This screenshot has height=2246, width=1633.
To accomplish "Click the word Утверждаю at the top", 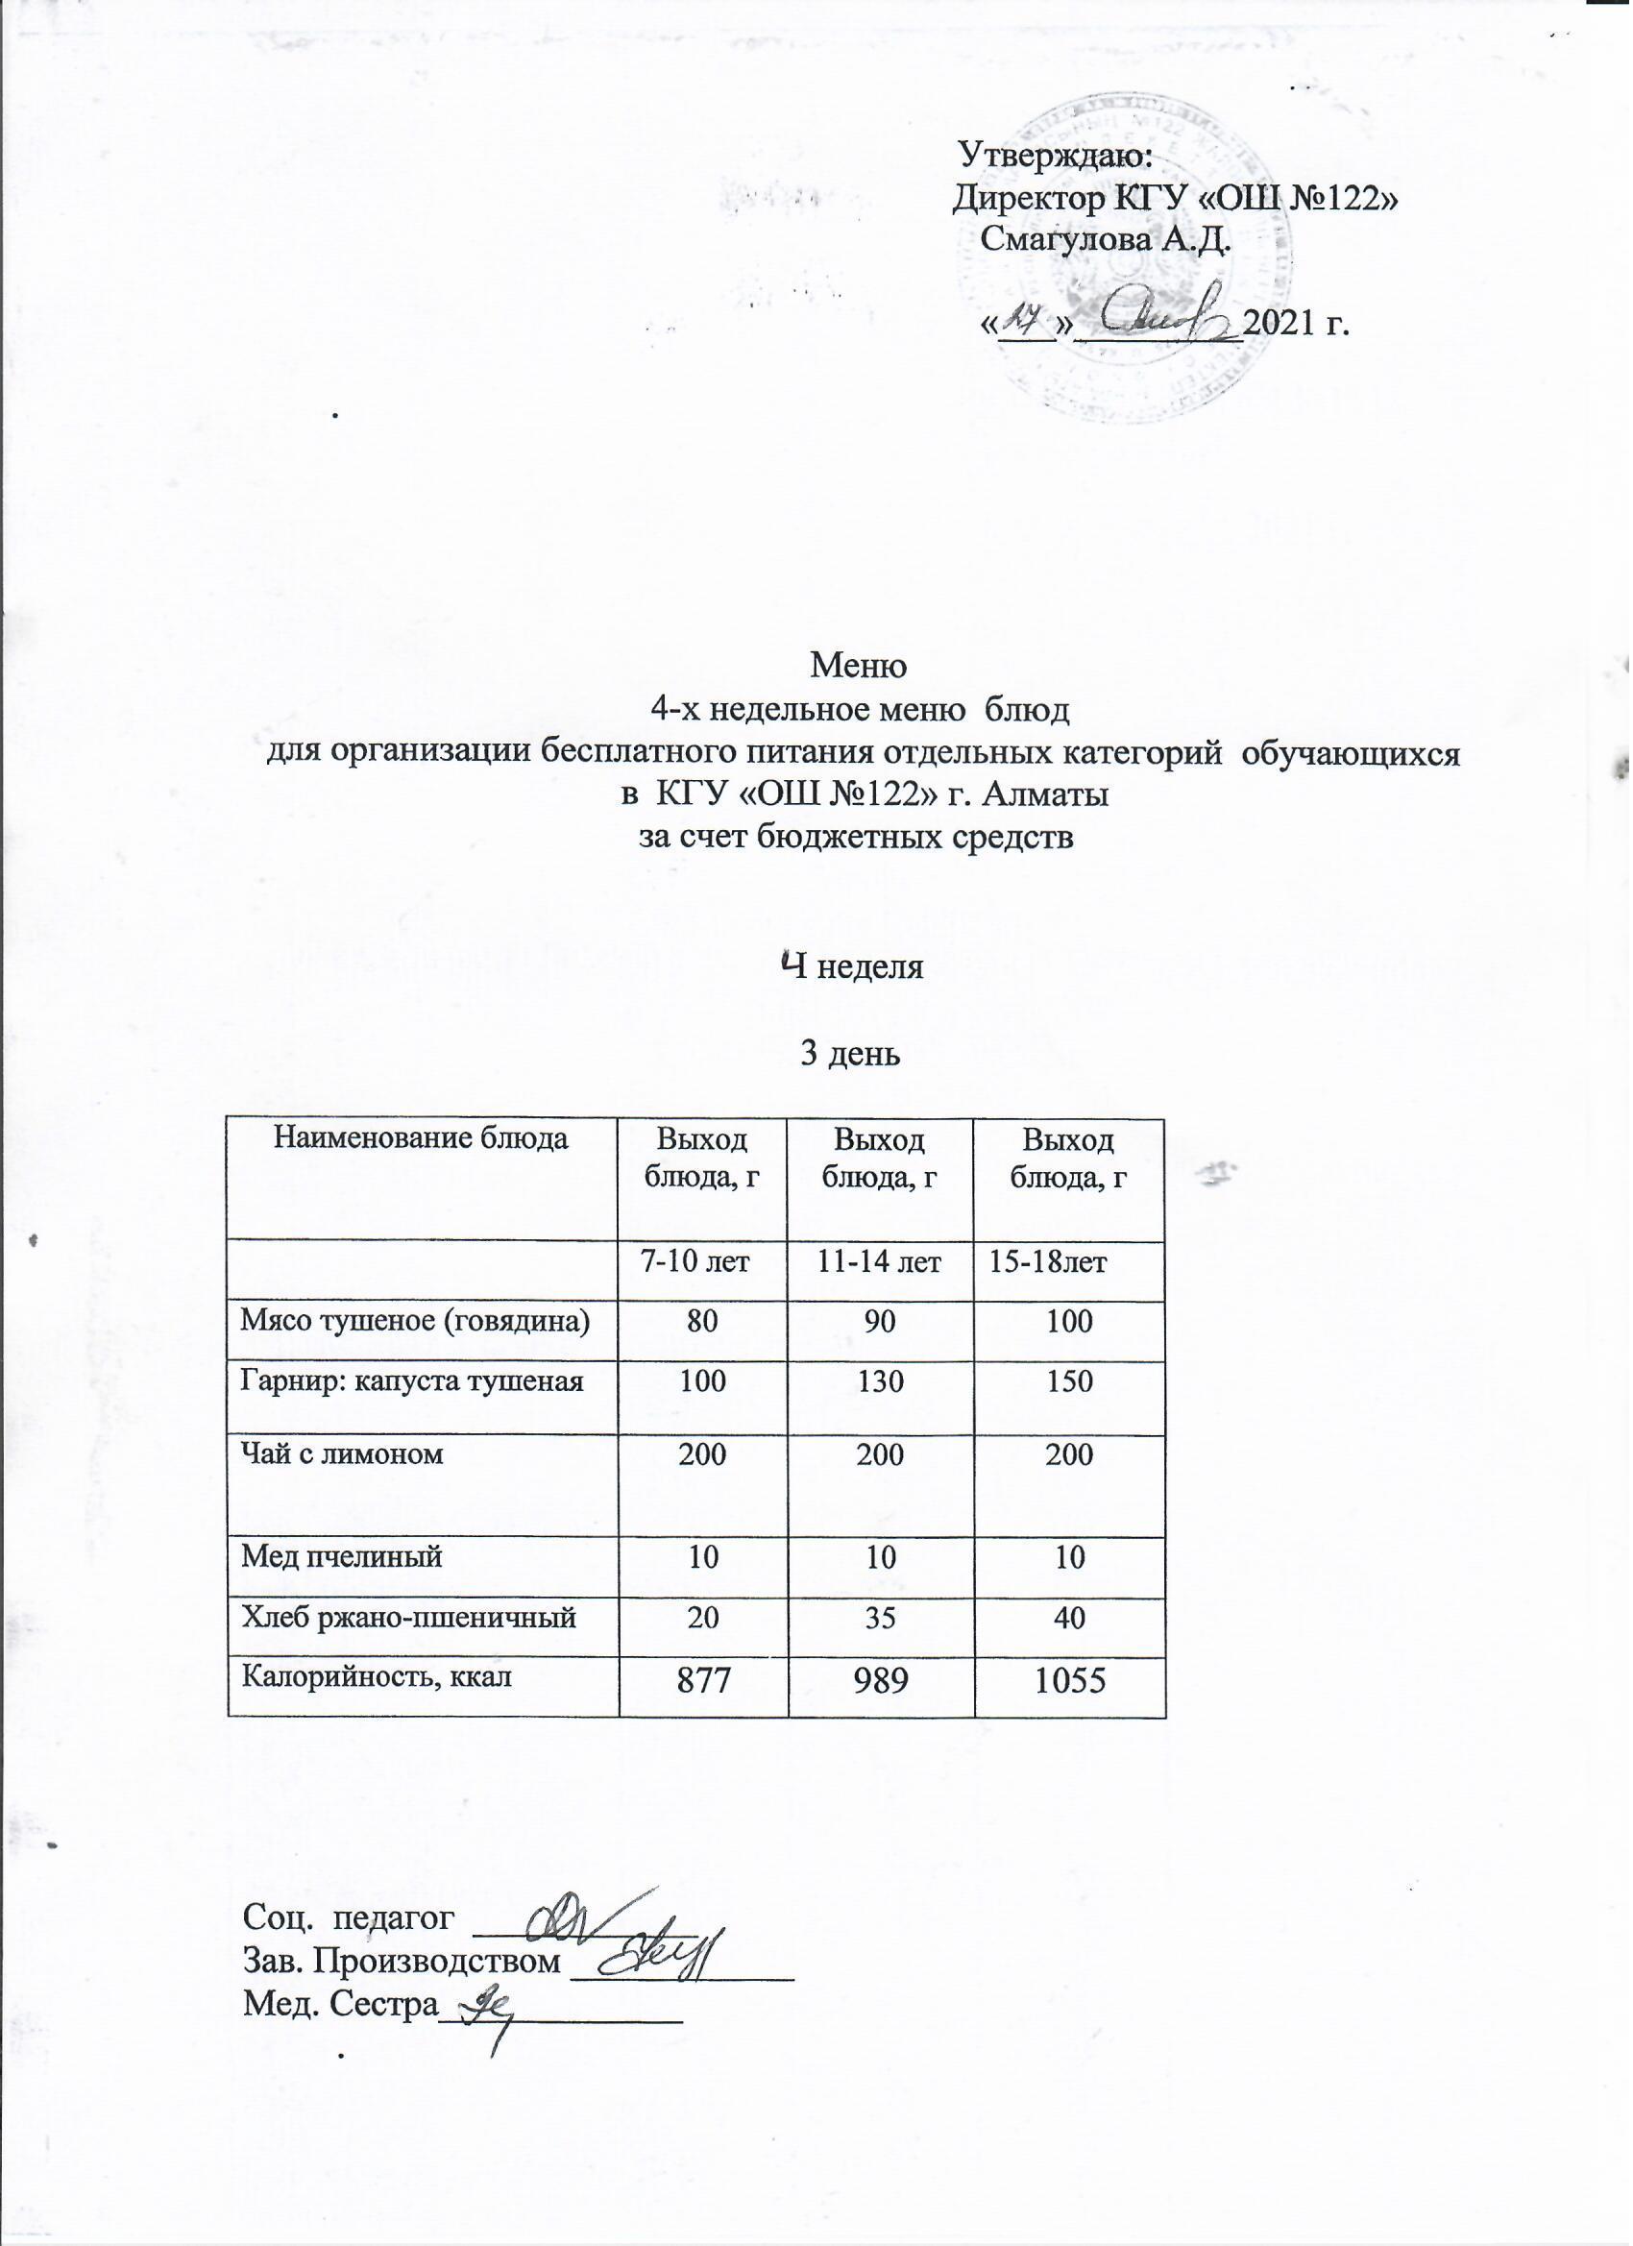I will pyautogui.click(x=1056, y=156).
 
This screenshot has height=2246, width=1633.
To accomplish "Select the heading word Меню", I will pyautogui.click(x=859, y=665).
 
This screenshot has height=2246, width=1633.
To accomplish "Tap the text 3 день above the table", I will pyautogui.click(x=850, y=1055).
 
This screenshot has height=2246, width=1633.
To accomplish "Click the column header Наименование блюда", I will pyautogui.click(x=421, y=1138).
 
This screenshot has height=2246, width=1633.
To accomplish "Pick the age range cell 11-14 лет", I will pyautogui.click(x=879, y=1262).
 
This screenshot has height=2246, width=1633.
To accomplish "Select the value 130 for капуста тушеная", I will pyautogui.click(x=880, y=1380).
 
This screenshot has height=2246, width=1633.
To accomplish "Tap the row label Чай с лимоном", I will pyautogui.click(x=343, y=1453).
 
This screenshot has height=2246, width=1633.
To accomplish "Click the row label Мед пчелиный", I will pyautogui.click(x=342, y=1557).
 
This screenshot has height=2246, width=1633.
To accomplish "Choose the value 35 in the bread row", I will pyautogui.click(x=880, y=1618).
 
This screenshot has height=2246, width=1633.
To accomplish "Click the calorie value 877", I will pyautogui.click(x=702, y=1680).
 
